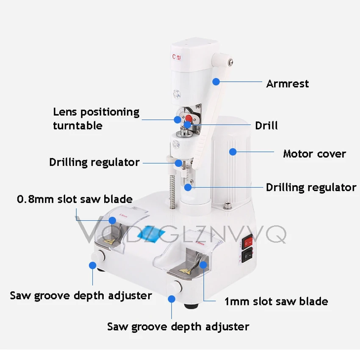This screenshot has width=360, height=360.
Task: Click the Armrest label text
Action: click(287, 83)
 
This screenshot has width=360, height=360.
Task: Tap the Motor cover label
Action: click(314, 153)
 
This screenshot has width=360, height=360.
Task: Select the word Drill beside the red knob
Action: click(266, 125)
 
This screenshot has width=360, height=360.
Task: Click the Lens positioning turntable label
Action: click(96, 119)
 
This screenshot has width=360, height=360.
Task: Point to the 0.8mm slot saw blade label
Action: click(75, 199)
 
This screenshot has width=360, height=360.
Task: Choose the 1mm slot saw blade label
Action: click(276, 302)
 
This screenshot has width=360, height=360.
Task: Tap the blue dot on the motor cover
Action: click(232, 151)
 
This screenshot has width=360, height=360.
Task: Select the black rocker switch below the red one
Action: click(247, 256)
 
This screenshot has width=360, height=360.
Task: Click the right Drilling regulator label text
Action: click(311, 187)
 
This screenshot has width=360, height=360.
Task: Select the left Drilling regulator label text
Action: click(94, 162)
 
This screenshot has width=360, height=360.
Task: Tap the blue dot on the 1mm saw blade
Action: click(203, 265)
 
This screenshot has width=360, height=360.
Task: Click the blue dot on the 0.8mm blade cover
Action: click(113, 220)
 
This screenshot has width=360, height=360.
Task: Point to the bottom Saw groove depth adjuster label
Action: click(178, 327)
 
